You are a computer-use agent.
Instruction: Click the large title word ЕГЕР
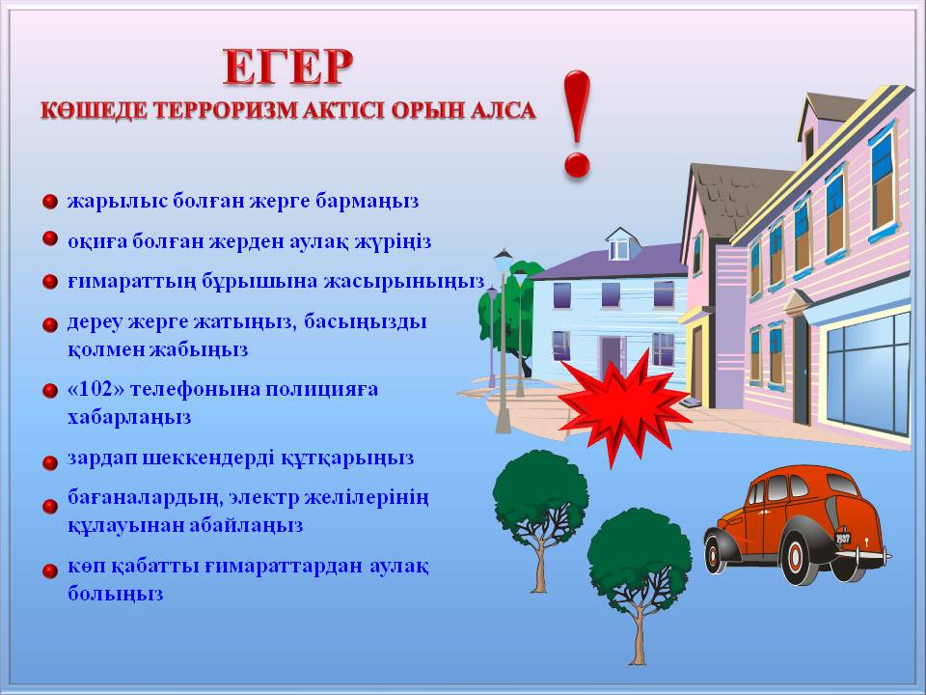(288, 68)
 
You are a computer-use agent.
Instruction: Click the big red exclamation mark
(577, 125)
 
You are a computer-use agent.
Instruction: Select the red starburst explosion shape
(624, 406)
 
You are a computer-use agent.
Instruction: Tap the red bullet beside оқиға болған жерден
(50, 238)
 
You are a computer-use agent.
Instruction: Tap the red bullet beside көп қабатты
(50, 570)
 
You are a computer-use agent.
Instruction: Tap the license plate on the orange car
(843, 539)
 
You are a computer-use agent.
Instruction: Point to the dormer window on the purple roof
(619, 249)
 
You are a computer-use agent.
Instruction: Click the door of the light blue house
(613, 357)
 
